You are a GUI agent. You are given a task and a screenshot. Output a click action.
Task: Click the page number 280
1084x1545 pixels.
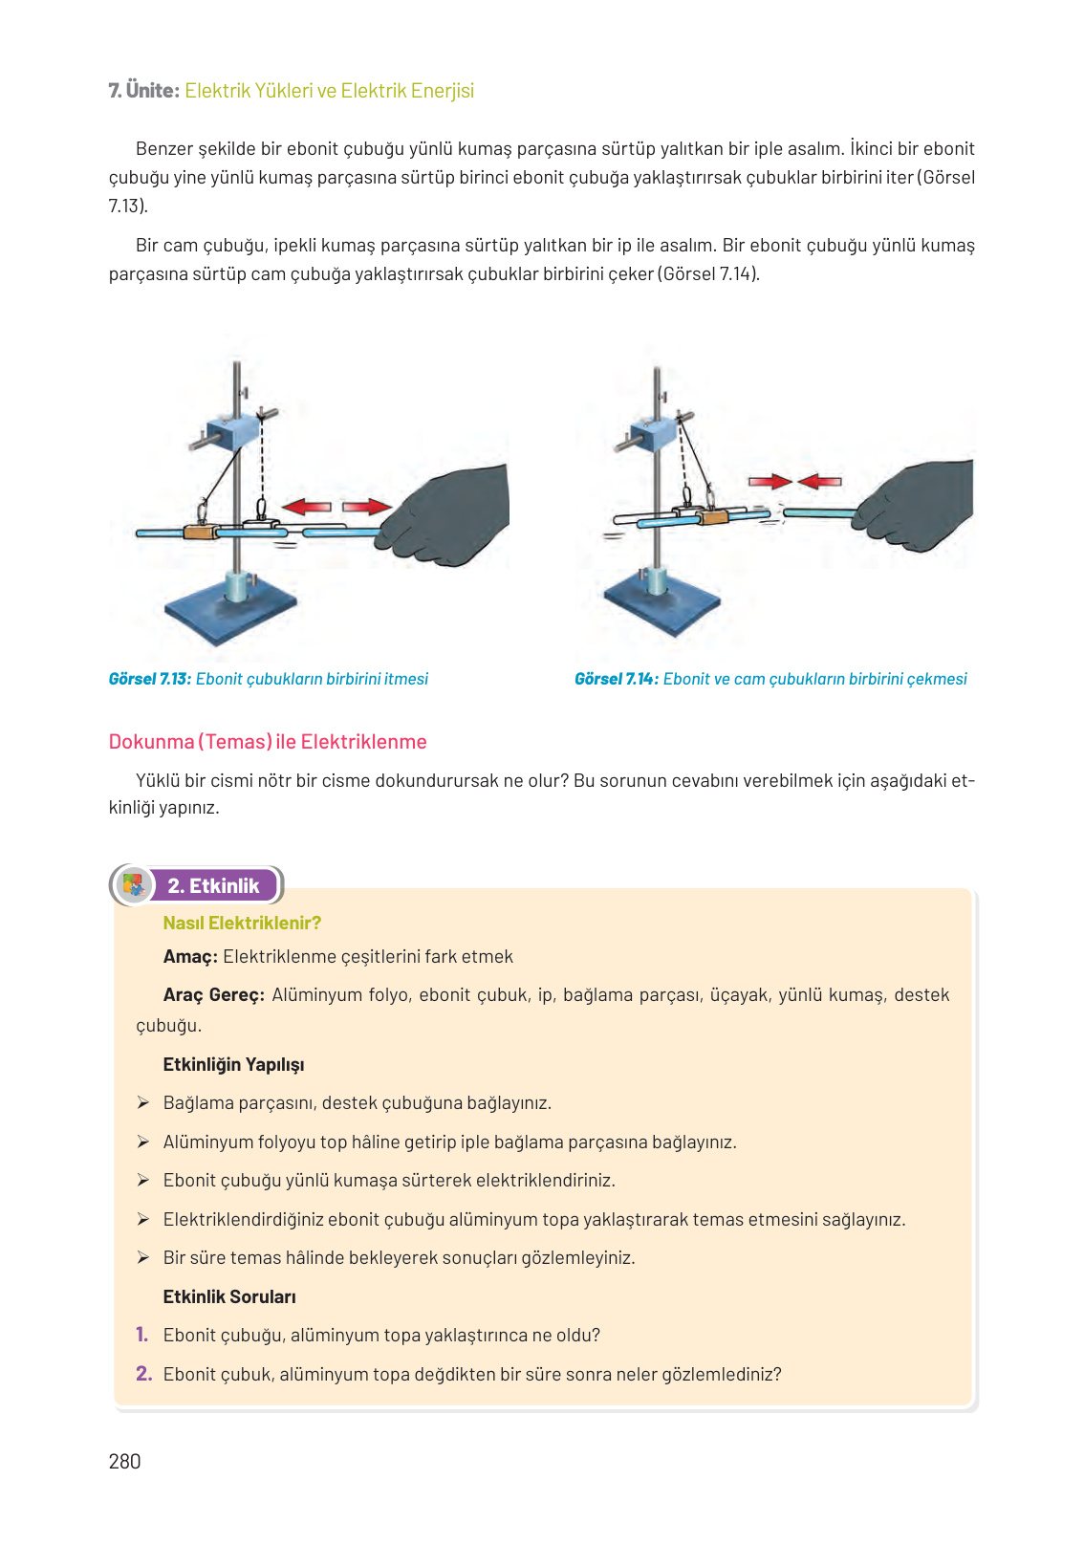coord(124,1461)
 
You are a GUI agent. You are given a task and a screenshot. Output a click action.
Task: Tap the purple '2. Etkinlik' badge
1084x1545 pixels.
coord(213,885)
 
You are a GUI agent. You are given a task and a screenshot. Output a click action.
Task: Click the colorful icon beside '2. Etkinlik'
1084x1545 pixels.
coord(134,884)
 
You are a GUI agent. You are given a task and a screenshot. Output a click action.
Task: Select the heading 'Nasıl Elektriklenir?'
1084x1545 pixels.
coord(242,923)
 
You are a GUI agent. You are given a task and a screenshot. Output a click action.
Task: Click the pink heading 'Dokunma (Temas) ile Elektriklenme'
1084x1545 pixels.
coord(268,742)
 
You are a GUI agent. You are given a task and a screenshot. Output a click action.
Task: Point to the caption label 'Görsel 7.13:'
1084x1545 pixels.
coord(150,679)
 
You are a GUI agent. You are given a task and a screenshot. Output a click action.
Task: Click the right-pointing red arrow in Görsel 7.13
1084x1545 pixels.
coord(367,507)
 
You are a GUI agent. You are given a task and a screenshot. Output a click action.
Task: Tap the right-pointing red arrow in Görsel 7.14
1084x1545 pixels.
coord(770,482)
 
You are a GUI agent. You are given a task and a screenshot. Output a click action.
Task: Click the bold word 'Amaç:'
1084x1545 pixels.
coord(190,957)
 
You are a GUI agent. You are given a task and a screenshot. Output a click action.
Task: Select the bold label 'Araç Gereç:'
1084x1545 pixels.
coord(213,995)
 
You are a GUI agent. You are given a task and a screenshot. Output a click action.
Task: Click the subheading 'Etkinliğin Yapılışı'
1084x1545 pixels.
coord(233,1065)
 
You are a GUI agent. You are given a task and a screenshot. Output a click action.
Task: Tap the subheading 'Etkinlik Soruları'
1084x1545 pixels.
coord(229,1297)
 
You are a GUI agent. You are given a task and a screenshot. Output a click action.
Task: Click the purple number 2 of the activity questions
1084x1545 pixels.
coord(143,1374)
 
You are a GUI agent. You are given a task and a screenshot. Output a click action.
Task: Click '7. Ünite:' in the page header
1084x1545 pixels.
coord(143,91)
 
